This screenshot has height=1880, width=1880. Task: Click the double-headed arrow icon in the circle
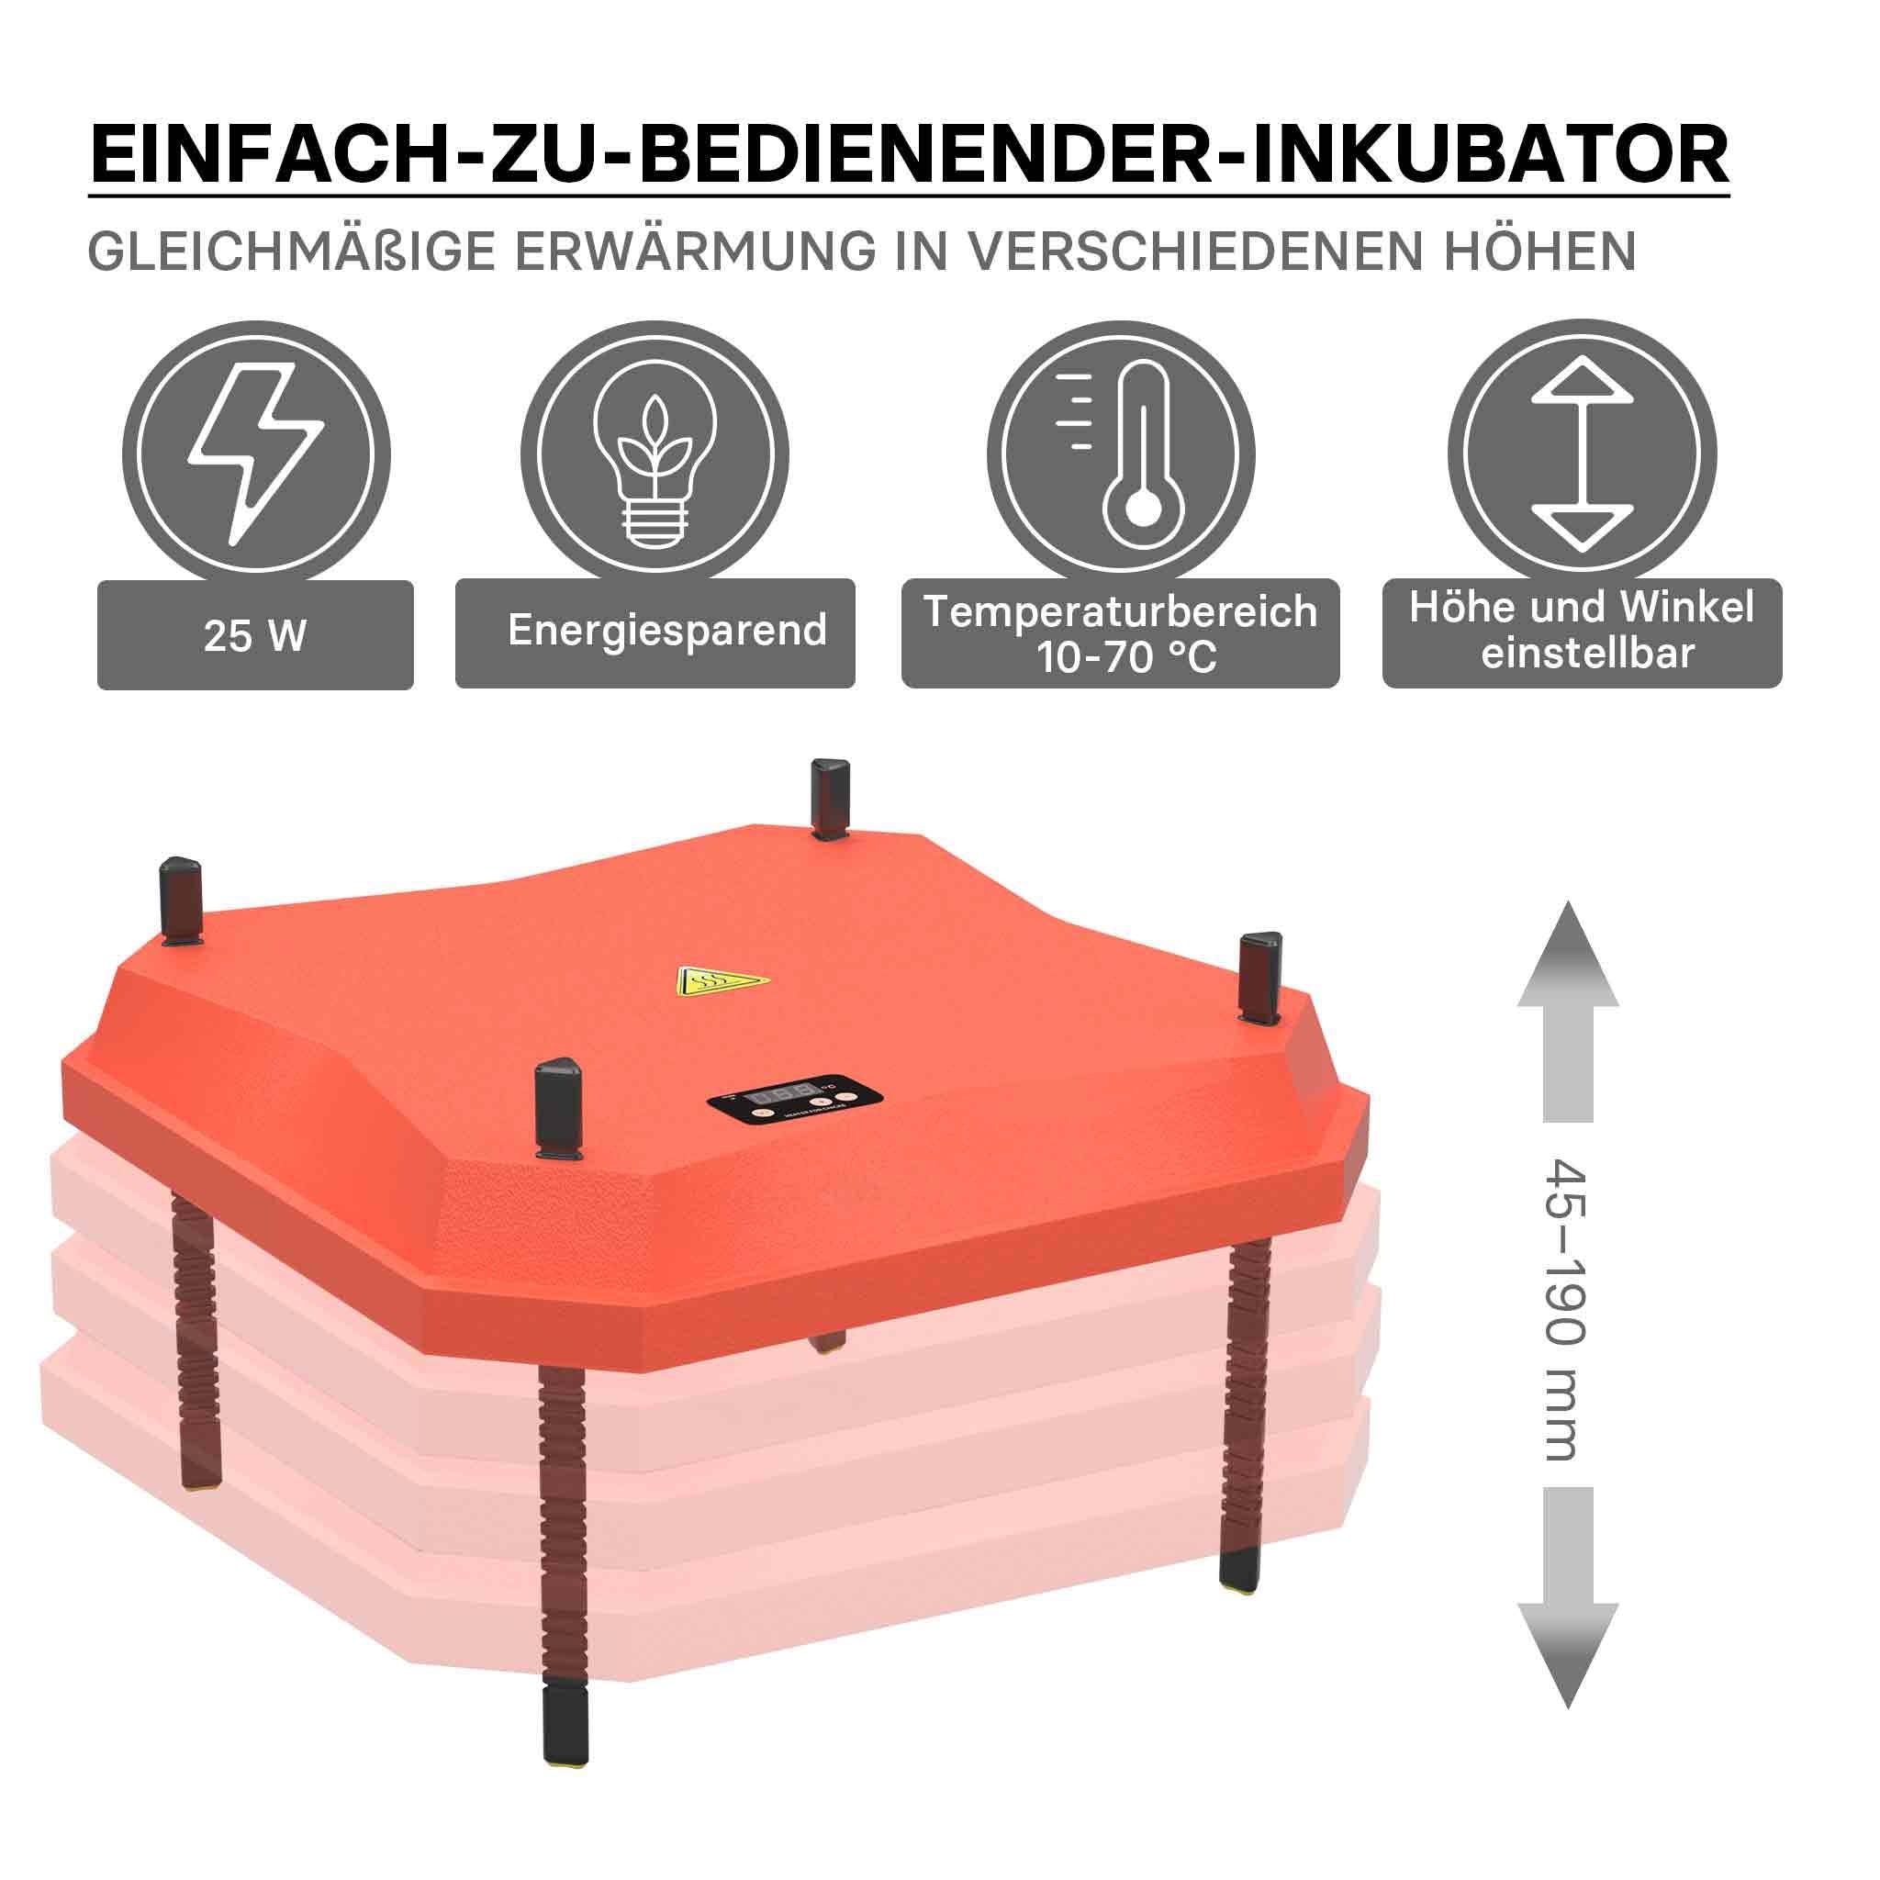tap(1582, 454)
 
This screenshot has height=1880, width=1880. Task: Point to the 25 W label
tap(255, 635)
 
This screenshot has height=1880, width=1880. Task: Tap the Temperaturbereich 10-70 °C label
tap(1120, 633)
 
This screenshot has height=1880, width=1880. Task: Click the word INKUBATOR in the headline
tap(1490, 152)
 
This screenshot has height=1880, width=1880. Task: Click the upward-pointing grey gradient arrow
tap(1568, 1012)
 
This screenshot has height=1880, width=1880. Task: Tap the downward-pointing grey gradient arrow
tap(1568, 1598)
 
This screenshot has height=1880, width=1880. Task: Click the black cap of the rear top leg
tap(830, 798)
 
